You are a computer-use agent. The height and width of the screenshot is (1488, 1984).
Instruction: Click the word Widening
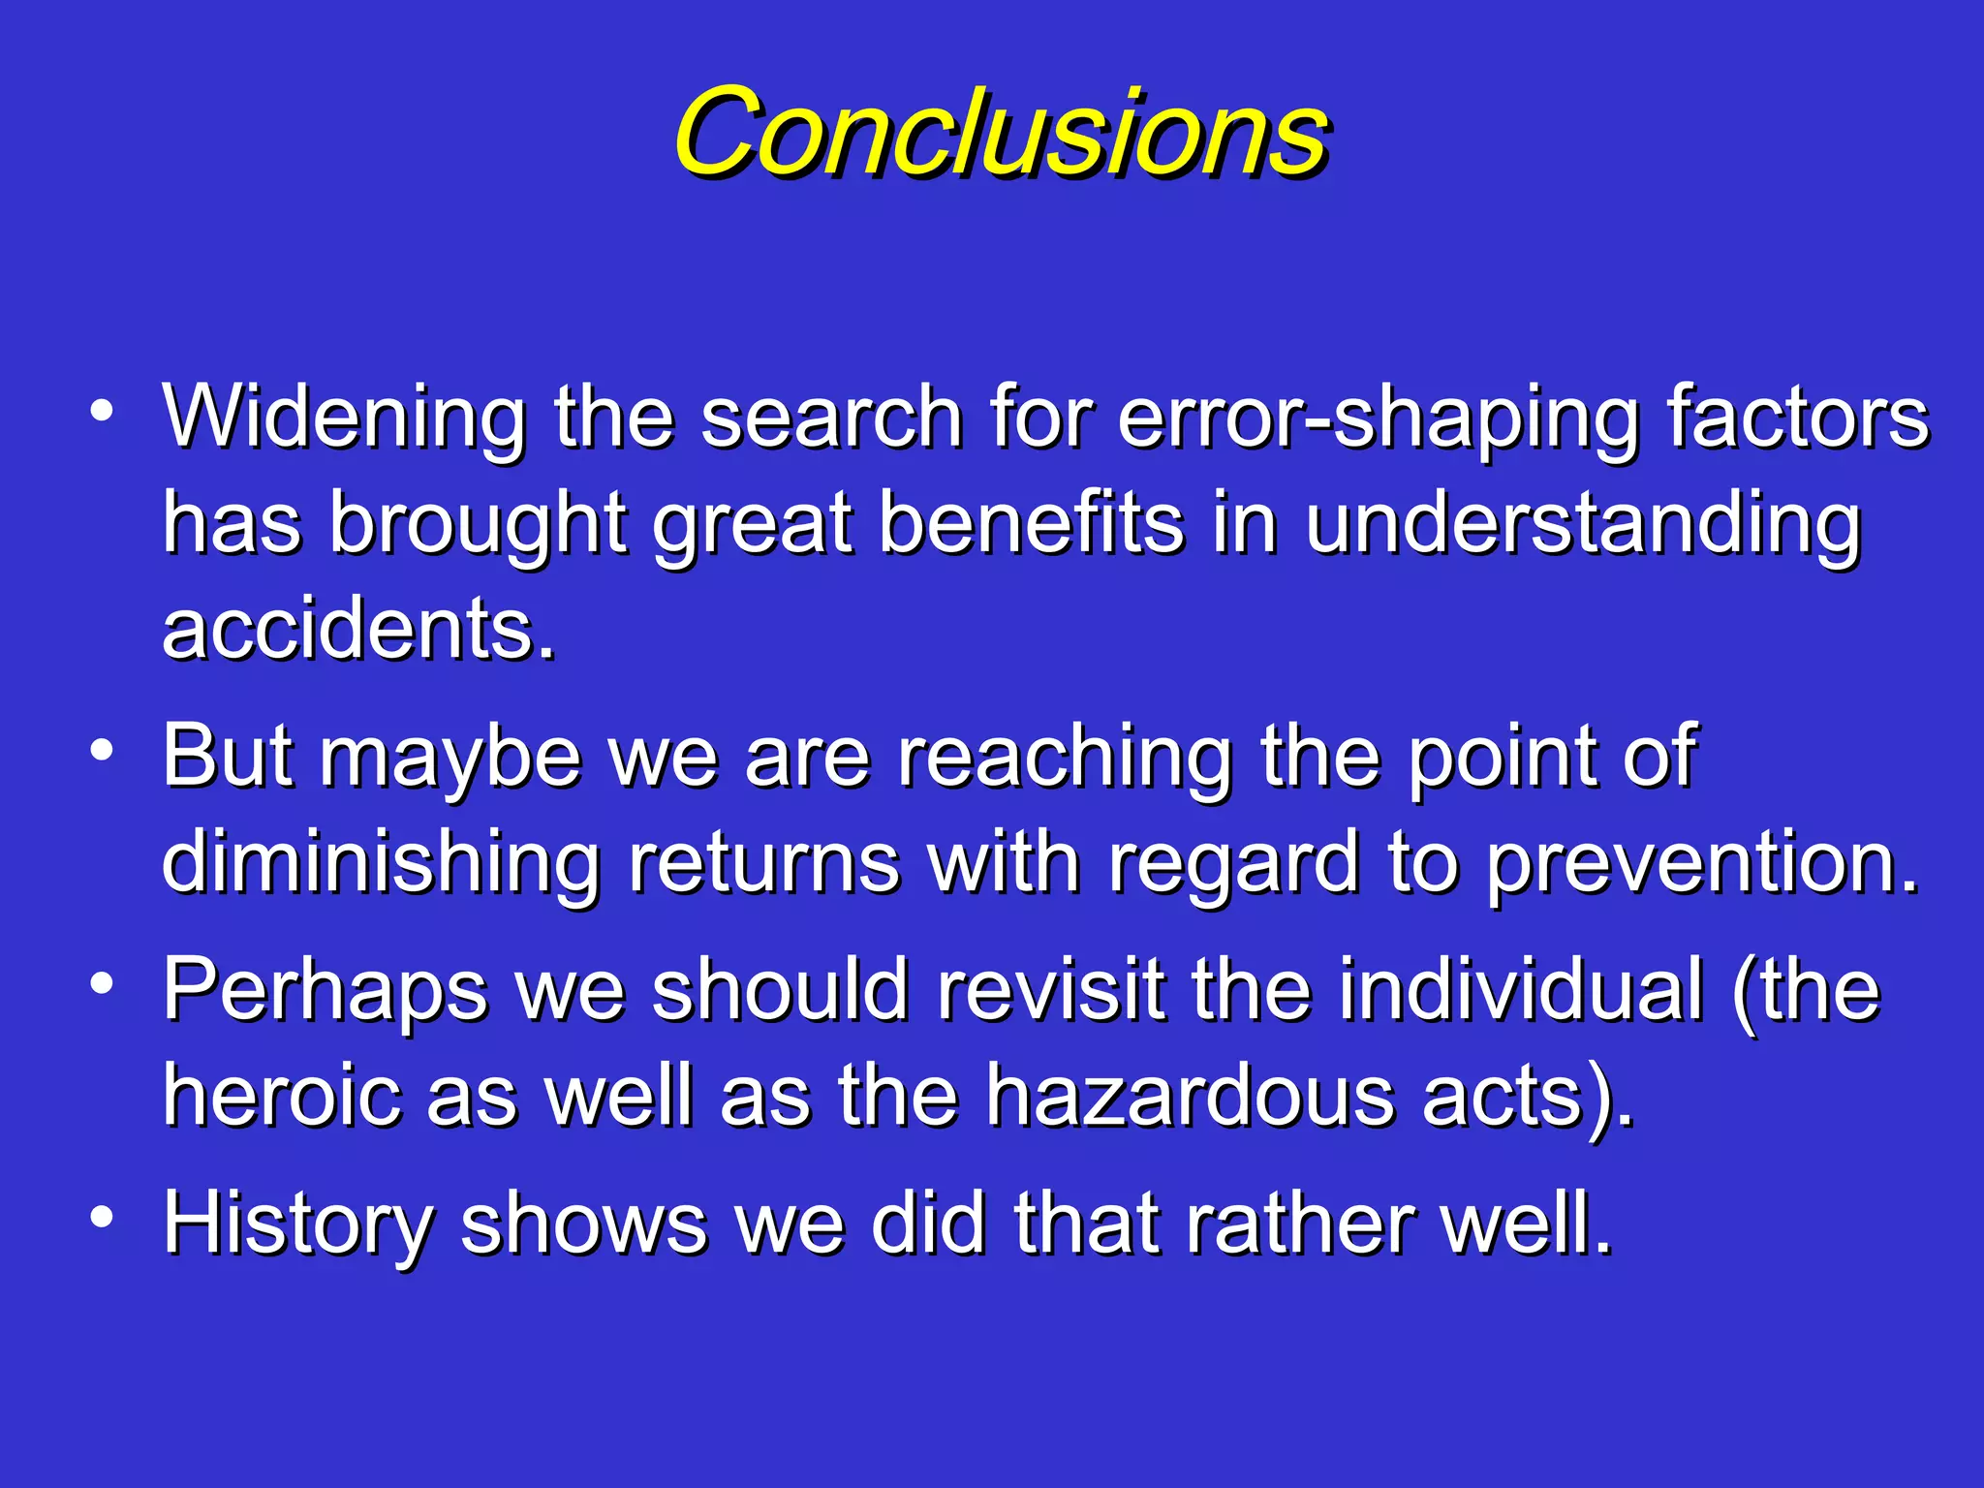[x=344, y=417]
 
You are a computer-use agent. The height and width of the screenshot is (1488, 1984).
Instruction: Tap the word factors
[x=1798, y=417]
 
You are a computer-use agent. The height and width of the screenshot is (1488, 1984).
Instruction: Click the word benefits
[x=1031, y=523]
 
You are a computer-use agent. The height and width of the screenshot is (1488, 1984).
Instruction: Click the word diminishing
[x=381, y=862]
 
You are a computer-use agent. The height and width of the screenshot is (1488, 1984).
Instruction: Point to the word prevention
[x=1701, y=862]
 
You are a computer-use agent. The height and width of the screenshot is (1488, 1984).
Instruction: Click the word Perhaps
[x=325, y=991]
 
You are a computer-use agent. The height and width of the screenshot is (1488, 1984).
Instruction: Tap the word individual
[x=1521, y=989]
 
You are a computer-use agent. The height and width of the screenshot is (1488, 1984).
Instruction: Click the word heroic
[x=281, y=1096]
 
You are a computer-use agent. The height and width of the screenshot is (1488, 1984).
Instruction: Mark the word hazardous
[x=1191, y=1096]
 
